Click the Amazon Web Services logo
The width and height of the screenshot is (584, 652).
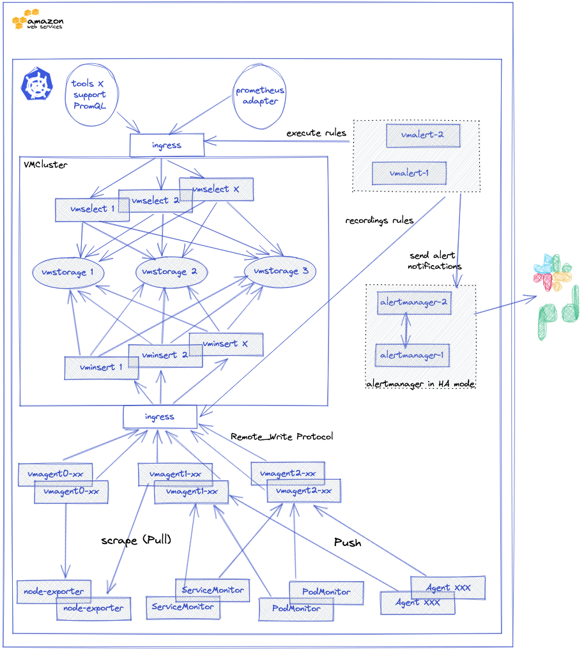(37, 20)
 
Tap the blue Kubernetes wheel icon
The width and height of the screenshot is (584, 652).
(37, 85)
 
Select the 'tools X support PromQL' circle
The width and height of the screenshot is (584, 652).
(89, 95)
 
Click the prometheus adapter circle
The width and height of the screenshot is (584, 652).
(260, 95)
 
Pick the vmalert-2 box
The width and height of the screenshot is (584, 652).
(422, 135)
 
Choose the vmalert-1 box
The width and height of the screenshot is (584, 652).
(409, 173)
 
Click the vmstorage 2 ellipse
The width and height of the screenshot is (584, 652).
(171, 273)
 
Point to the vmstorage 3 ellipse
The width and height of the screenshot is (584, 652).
(280, 271)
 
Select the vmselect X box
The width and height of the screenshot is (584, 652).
(216, 190)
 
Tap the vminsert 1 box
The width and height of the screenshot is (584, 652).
(101, 368)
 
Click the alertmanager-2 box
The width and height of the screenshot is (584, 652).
(414, 303)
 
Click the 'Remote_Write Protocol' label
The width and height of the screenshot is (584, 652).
(282, 437)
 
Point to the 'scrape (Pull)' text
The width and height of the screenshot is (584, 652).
(136, 540)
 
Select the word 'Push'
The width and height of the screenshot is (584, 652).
(348, 543)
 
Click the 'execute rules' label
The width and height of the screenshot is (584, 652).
(316, 133)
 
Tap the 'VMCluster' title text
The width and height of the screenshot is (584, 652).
(45, 165)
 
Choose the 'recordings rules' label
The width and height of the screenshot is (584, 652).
(379, 220)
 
